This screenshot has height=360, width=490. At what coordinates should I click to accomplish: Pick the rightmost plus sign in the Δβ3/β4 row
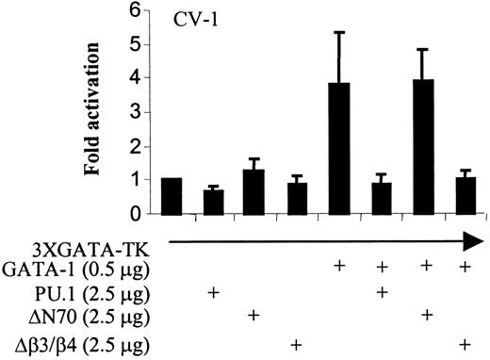coord(464,344)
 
